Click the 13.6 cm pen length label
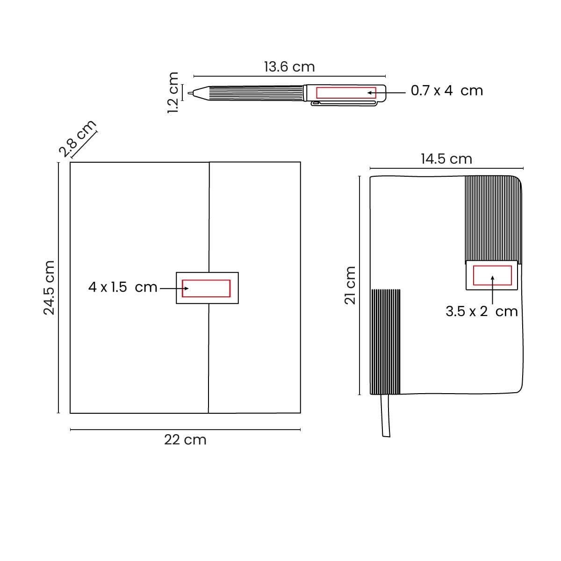tap(289, 67)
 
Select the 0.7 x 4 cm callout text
tap(446, 91)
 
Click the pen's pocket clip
tap(344, 103)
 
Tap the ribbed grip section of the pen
tap(256, 93)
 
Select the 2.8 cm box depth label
tap(77, 138)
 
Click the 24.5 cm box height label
tap(49, 288)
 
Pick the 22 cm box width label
tap(185, 440)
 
